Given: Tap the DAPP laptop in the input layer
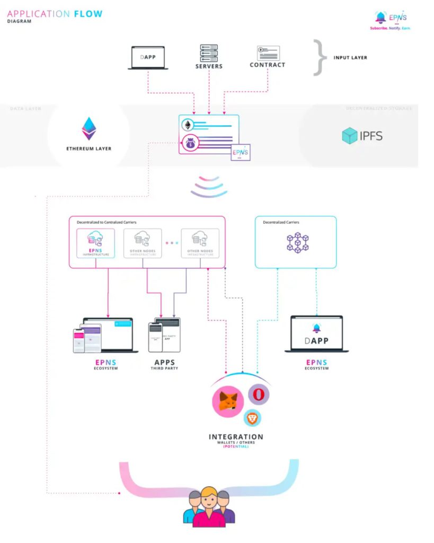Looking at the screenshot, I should click(x=148, y=58).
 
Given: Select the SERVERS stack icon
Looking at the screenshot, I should click(x=209, y=53).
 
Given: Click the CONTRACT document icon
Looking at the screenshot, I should click(x=268, y=53).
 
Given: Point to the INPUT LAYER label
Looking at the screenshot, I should click(x=350, y=57).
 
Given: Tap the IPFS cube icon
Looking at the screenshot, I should click(x=350, y=136).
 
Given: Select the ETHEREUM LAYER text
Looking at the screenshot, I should click(x=89, y=148).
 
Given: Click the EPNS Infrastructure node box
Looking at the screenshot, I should click(x=96, y=243).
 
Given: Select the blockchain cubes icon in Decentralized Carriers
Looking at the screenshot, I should click(x=297, y=242).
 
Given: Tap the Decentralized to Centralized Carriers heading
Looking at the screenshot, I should click(x=100, y=222).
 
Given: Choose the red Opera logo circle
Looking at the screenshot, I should click(x=259, y=395).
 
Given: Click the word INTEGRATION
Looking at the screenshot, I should click(x=235, y=437).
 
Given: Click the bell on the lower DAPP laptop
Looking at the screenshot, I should click(x=316, y=328).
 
